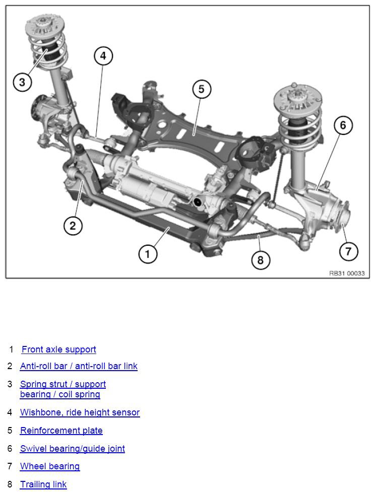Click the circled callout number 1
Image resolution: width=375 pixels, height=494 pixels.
pyautogui.click(x=148, y=254)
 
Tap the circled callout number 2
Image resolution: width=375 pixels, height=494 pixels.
pyautogui.click(x=73, y=226)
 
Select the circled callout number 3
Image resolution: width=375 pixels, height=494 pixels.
pyautogui.click(x=22, y=82)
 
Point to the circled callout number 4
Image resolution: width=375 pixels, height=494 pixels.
pyautogui.click(x=103, y=56)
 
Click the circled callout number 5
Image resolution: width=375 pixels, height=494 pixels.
pyautogui.click(x=202, y=89)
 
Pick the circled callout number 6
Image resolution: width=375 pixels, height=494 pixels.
pyautogui.click(x=343, y=125)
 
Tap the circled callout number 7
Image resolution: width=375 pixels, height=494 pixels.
pyautogui.click(x=348, y=251)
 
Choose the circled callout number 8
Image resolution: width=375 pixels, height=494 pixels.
pyautogui.click(x=261, y=260)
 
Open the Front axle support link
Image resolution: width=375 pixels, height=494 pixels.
pyautogui.click(x=58, y=349)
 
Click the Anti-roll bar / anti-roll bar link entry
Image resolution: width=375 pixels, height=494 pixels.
pyautogui.click(x=79, y=366)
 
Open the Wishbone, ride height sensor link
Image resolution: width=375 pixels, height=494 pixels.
pyautogui.click(x=80, y=412)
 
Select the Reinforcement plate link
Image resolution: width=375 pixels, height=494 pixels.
pyautogui.click(x=61, y=431)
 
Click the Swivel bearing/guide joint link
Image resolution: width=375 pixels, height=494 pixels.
pyautogui.click(x=73, y=449)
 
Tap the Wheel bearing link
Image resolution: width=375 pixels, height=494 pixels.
pyautogui.click(x=50, y=466)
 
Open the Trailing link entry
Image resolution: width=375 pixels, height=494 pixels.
pyautogui.click(x=43, y=484)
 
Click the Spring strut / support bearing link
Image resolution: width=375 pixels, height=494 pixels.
pyautogui.click(x=63, y=389)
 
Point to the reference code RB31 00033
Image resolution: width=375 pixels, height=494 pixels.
pyautogui.click(x=347, y=273)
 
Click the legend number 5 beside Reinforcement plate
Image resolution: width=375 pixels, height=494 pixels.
pyautogui.click(x=10, y=431)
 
